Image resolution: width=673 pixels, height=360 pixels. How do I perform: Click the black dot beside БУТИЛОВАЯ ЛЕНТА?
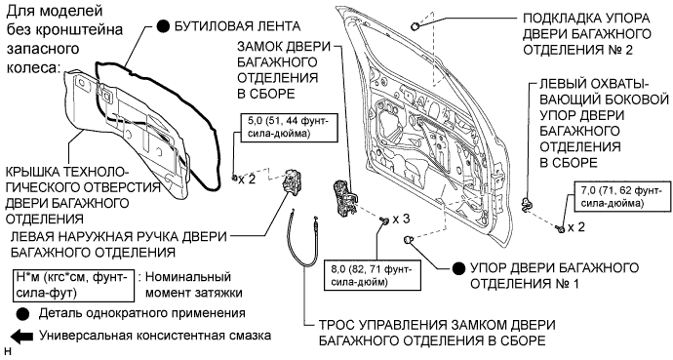[x=163, y=26]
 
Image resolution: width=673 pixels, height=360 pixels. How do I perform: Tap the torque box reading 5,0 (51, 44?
[x=288, y=127]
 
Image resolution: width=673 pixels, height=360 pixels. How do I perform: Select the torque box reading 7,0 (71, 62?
[x=619, y=197]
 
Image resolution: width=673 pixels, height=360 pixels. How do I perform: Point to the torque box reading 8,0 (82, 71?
[x=373, y=275]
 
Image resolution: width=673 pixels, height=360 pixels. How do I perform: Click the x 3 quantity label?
[x=401, y=220]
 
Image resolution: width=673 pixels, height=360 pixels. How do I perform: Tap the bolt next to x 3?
[x=383, y=220]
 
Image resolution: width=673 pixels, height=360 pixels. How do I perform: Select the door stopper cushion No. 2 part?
[x=416, y=26]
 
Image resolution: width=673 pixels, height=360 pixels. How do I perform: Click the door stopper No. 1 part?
[x=409, y=241]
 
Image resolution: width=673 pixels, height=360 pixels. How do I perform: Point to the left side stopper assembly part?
[x=526, y=204]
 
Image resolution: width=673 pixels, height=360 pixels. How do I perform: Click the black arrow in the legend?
[x=21, y=336]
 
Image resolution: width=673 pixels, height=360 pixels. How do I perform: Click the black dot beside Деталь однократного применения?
[x=22, y=314]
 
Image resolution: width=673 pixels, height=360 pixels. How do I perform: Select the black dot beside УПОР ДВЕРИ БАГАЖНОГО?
[x=458, y=268]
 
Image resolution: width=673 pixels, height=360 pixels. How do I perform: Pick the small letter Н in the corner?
[x=7, y=353]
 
